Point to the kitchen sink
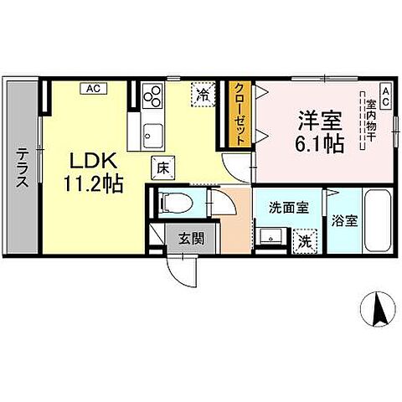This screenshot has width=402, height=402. point(153,132)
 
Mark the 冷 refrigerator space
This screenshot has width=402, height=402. point(201,95)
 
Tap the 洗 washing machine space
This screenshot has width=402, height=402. point(307,240)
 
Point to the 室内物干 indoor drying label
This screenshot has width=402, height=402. point(369,121)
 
